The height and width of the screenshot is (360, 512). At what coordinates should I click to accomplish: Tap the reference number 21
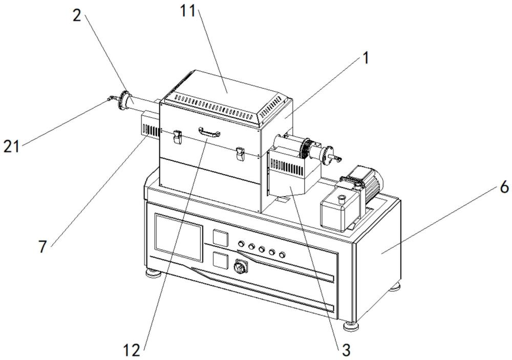click(x=12, y=146)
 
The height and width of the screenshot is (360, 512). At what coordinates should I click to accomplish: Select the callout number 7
click(x=42, y=247)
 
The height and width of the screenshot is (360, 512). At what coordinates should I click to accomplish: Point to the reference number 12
click(x=132, y=350)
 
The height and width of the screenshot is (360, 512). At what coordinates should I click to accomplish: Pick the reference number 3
click(x=346, y=350)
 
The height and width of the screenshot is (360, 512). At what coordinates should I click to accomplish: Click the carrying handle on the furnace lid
click(x=209, y=132)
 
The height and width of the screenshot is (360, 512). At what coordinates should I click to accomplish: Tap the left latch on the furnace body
click(x=177, y=137)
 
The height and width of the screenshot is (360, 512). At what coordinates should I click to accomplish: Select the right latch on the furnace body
click(x=240, y=154)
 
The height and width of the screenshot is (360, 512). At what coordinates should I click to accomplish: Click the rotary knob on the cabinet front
click(x=239, y=267)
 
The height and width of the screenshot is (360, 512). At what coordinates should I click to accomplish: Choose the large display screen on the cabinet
click(x=179, y=238)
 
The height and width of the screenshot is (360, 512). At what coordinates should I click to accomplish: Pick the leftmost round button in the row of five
click(x=242, y=244)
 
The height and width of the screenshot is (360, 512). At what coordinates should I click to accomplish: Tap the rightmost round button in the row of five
click(x=282, y=254)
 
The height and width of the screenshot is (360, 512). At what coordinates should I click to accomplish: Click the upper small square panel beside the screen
click(x=220, y=237)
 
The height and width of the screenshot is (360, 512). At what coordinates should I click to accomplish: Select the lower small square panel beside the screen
click(x=220, y=260)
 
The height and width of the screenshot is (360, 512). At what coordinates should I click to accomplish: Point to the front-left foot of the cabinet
click(x=153, y=273)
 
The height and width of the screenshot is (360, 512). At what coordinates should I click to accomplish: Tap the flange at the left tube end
click(x=123, y=100)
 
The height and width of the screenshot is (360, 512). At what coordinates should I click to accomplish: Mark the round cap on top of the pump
click(x=342, y=198)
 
